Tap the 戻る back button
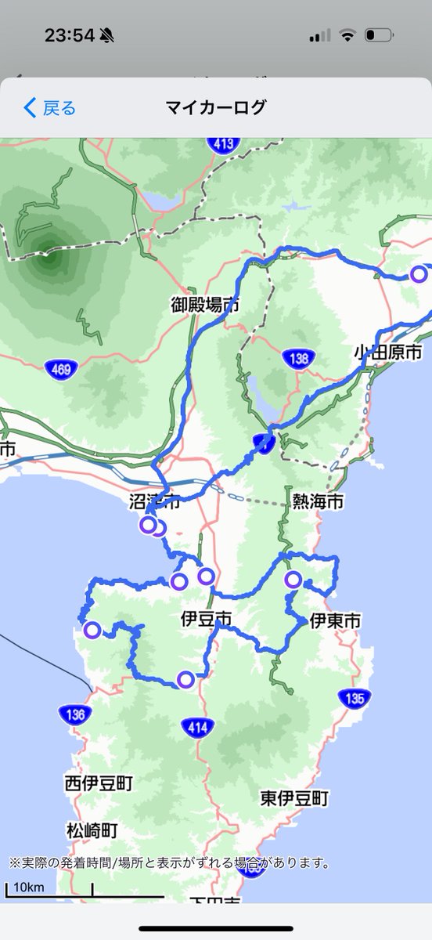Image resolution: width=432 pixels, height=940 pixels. click(x=50, y=107)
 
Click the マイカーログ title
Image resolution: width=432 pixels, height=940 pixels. click(x=216, y=107)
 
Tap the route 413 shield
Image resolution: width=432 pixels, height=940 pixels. click(x=223, y=143)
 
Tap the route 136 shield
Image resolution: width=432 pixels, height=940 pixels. click(x=74, y=714)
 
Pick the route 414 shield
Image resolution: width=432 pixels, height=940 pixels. click(x=197, y=728)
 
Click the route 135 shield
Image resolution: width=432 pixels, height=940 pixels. click(x=355, y=698)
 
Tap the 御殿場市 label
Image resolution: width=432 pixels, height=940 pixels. click(x=206, y=305)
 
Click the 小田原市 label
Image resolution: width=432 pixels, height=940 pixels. click(x=387, y=351)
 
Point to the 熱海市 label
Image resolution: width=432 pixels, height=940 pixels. click(x=318, y=502)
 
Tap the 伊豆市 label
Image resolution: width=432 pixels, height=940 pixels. click(x=207, y=618)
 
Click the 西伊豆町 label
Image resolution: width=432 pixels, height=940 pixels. click(x=99, y=783)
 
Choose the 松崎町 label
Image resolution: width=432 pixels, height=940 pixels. click(x=92, y=830)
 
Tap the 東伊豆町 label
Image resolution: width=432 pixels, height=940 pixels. click(x=294, y=798)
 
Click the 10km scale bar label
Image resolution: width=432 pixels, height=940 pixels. click(x=29, y=888)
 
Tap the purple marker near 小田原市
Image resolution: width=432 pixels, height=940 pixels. click(x=419, y=273)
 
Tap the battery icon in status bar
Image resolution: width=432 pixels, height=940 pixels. click(x=379, y=35)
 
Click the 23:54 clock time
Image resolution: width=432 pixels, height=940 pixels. click(x=69, y=35)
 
